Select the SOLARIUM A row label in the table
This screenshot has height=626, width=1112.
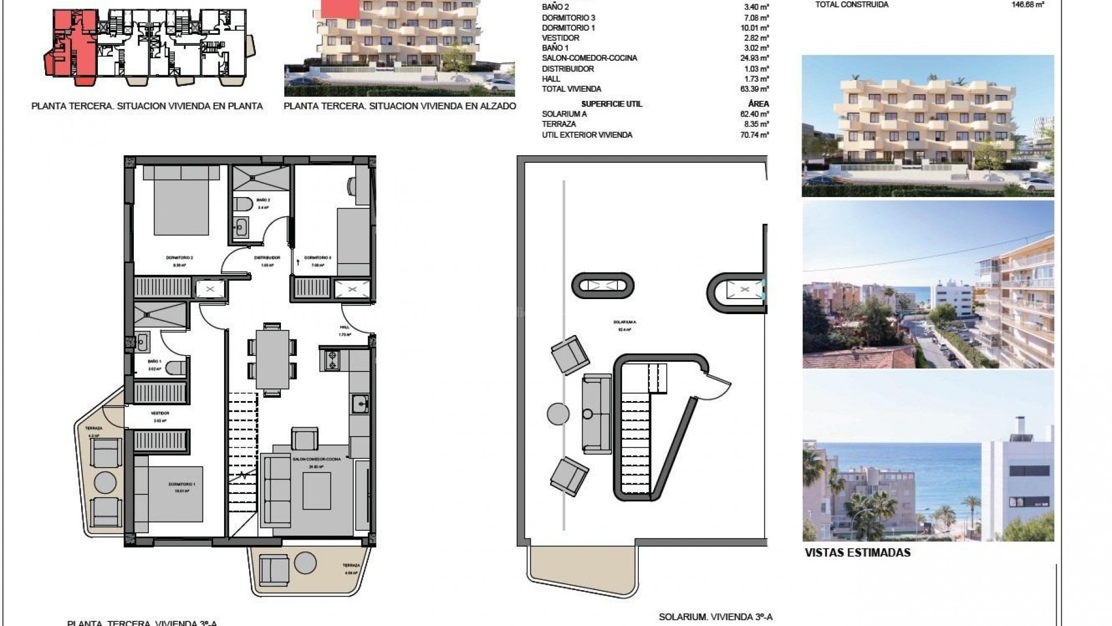point(564,114)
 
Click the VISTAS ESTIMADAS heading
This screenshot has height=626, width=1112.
point(857,553)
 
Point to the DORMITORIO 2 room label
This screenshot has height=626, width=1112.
point(179,257)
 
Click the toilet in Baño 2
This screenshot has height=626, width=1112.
point(244,204)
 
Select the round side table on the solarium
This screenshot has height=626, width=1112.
point(558,414)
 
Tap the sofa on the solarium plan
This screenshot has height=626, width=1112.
point(597,414)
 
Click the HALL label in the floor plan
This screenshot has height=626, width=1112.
point(345,327)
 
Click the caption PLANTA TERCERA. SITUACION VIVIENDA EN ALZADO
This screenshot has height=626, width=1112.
point(400,106)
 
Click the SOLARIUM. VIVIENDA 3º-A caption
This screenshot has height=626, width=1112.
point(715,617)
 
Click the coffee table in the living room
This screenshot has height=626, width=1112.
point(317,490)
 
